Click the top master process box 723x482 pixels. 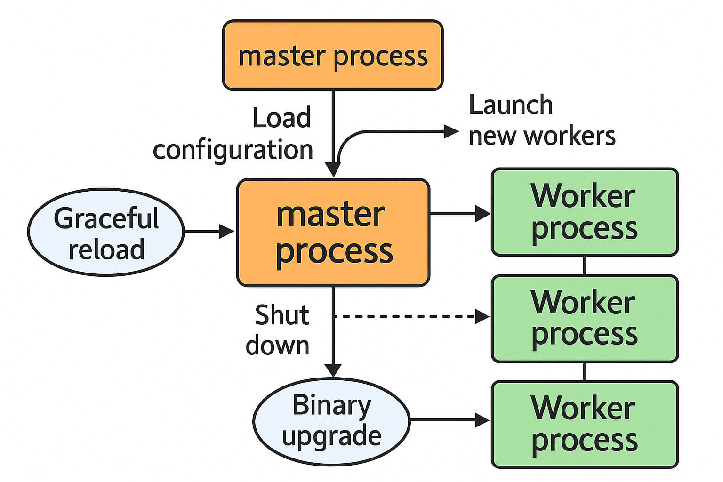pos(333,55)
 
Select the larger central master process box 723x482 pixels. pos(333,233)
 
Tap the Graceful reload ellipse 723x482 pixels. pos(105,232)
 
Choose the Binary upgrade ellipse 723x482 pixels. pos(331,421)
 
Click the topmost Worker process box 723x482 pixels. pos(585,212)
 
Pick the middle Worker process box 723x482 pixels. pos(585,319)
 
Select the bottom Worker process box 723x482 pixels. pos(585,424)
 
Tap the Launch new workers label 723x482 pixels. pos(541,120)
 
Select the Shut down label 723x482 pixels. pos(278,330)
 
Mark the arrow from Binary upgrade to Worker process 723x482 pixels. pos(449,420)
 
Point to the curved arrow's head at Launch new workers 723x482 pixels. pos(451,132)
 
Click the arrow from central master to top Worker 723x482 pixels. pos(459,214)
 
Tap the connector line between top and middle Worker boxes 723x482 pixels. pos(585,265)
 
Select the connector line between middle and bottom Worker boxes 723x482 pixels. pos(585,371)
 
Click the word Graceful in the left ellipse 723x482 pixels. pos(106,218)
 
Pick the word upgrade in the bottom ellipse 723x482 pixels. pos(331,436)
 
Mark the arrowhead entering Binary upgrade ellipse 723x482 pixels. pos(333,371)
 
